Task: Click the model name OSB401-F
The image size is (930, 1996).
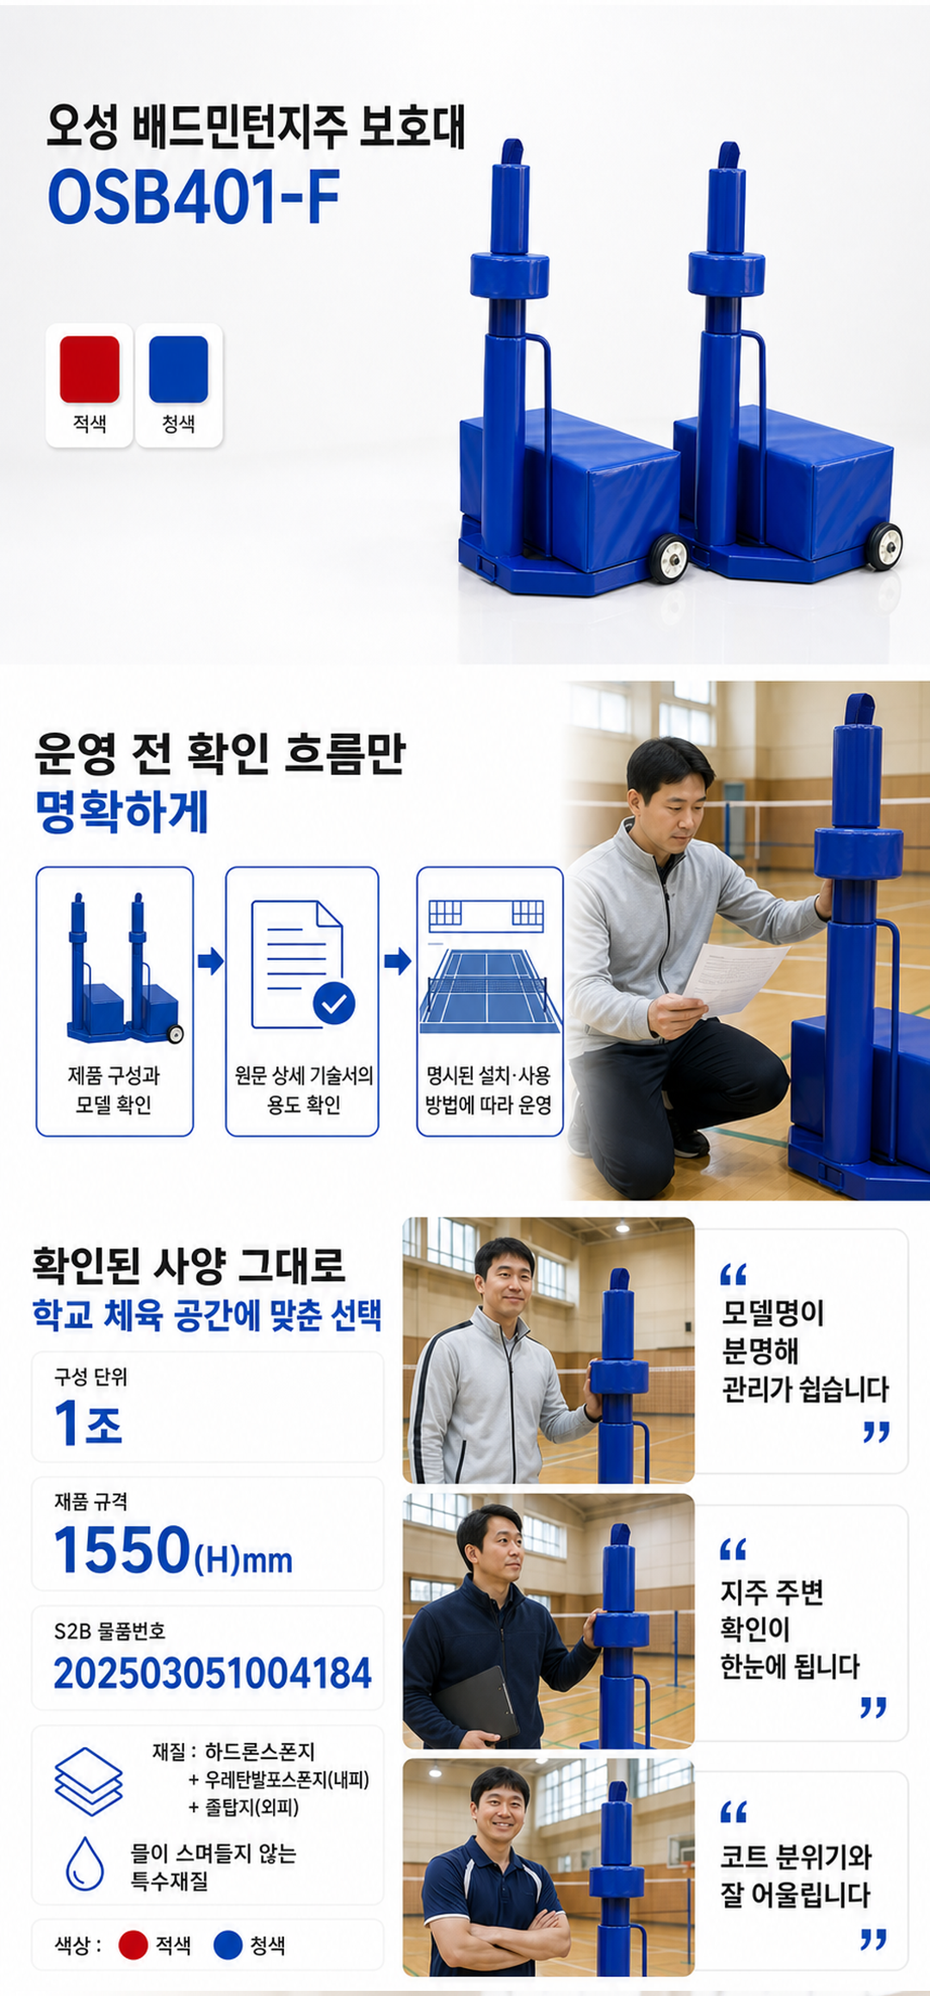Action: [x=194, y=196]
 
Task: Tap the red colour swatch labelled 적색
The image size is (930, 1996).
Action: [x=90, y=369]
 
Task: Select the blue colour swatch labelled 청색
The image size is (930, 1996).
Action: [x=178, y=369]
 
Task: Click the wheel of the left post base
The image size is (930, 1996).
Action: [x=669, y=558]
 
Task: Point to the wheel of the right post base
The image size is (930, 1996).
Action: [x=884, y=547]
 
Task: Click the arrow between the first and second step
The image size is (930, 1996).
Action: [x=210, y=961]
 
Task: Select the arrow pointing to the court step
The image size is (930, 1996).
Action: [x=397, y=961]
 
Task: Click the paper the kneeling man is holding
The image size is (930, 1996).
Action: [x=735, y=978]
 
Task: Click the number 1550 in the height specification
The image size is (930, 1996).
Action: [x=121, y=1550]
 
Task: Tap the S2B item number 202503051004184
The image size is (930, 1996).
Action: [x=213, y=1673]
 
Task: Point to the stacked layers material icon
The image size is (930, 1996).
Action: [x=88, y=1781]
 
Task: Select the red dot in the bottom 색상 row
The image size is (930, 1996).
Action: [x=133, y=1945]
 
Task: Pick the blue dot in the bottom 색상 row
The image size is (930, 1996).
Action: [x=227, y=1945]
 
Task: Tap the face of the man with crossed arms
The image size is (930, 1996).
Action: [x=500, y=1807]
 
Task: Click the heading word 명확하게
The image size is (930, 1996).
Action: [x=121, y=812]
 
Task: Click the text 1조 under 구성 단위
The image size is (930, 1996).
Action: [x=88, y=1423]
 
